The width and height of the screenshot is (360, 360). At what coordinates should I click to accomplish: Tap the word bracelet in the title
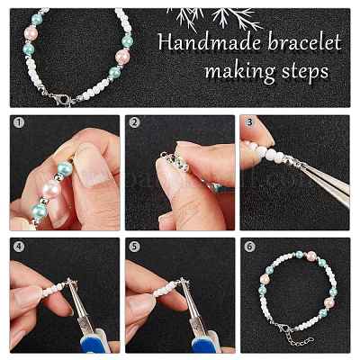(x=304, y=42)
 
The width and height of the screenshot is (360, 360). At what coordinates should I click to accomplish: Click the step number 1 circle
(x=19, y=122)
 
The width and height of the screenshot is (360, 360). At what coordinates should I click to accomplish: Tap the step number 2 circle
(x=134, y=122)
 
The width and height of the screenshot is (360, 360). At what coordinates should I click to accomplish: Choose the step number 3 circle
(x=249, y=122)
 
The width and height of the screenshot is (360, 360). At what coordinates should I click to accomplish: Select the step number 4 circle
(x=19, y=247)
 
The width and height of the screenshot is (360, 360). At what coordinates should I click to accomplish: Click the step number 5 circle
(x=134, y=247)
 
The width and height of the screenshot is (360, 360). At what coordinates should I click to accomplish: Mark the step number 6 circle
(x=249, y=247)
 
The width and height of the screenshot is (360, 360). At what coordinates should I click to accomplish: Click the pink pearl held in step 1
(x=51, y=190)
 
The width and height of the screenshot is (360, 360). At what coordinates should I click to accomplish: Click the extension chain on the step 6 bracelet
(x=300, y=338)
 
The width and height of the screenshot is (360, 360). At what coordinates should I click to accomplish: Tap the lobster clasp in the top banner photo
(x=60, y=98)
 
